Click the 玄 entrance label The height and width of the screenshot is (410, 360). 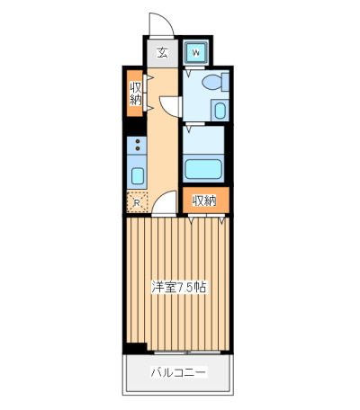pos(163,53)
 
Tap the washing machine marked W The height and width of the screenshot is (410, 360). pos(196,53)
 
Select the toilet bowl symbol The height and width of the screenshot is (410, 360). pos(211,82)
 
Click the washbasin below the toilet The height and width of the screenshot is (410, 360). pos(220,111)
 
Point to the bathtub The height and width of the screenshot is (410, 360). pos(203,169)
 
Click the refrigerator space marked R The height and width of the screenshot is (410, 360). pos(137,201)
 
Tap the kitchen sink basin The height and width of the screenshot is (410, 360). pos(138,175)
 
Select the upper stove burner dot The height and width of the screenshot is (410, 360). pos(138,141)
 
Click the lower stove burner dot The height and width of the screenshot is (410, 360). pos(138,148)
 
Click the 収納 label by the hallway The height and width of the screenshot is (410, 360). pos(135,94)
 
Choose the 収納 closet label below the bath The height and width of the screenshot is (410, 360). pos(204,201)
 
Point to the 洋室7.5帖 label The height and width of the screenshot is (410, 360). pos(179,287)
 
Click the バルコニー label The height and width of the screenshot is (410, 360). pos(178,372)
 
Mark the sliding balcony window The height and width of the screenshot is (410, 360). pos(187,352)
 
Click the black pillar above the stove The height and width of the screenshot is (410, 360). pos(134,127)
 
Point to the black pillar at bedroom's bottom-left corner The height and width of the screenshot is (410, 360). pos(135,349)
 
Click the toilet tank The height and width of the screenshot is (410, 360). pos(225,82)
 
